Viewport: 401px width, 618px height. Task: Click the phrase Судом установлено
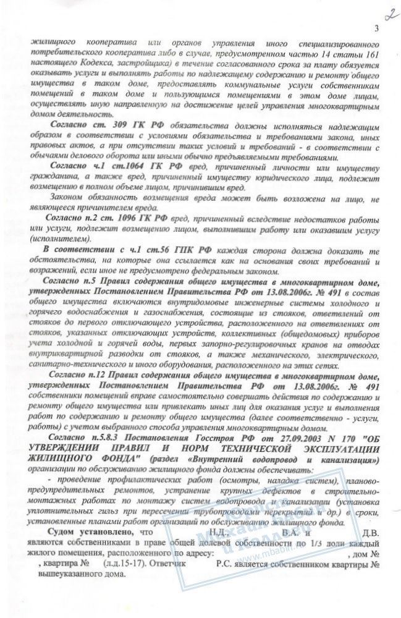tap(88, 531)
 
